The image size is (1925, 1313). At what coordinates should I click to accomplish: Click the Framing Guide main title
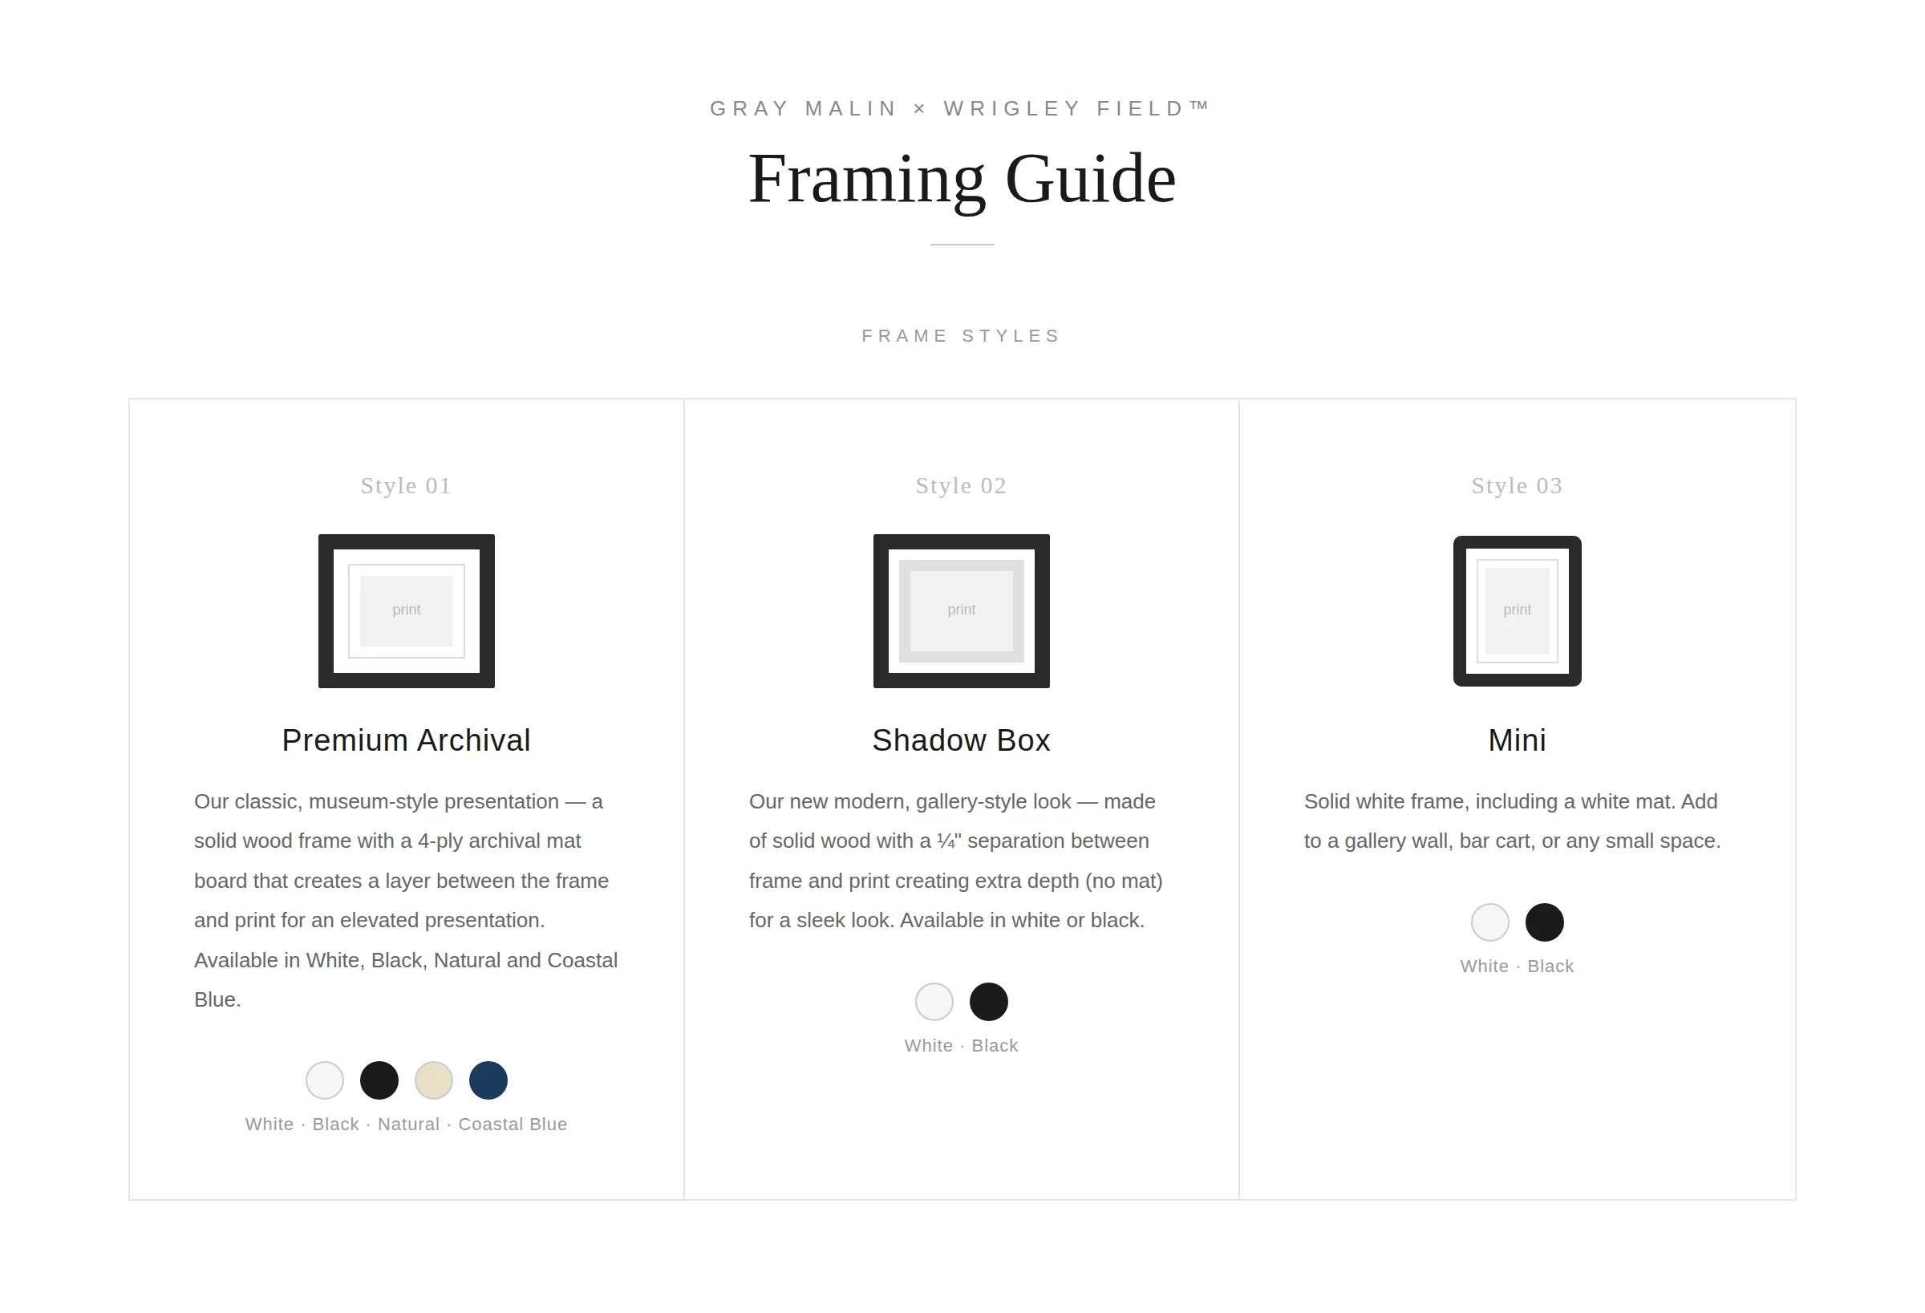[962, 180]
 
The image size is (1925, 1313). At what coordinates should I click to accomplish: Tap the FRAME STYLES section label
[962, 335]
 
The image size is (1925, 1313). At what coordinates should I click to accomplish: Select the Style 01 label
[406, 485]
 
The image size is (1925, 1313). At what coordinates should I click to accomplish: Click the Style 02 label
[961, 485]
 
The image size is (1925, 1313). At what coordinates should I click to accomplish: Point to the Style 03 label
[1517, 485]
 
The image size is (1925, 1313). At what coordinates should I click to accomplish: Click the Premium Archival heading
[406, 740]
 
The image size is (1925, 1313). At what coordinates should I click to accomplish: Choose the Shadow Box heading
[961, 740]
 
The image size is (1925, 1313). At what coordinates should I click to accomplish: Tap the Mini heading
[1517, 740]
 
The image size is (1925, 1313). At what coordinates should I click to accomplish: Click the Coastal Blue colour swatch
[488, 1080]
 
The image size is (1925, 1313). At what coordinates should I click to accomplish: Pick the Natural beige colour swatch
[433, 1080]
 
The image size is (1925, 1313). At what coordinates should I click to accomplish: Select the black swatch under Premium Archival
[379, 1080]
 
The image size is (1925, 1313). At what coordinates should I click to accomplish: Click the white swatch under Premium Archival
[325, 1080]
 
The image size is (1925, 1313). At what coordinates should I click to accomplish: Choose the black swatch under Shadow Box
[989, 1002]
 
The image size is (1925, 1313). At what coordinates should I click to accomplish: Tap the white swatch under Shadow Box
[934, 1002]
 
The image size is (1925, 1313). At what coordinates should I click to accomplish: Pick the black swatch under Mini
[1545, 922]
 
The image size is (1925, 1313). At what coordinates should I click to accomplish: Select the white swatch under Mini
[1490, 922]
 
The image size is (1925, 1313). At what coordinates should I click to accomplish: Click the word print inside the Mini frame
[1518, 610]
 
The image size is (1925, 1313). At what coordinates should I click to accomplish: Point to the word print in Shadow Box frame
[962, 610]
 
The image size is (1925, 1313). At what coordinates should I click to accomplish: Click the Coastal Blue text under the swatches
[513, 1125]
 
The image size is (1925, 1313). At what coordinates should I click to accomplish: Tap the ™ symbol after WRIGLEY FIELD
[1199, 105]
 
